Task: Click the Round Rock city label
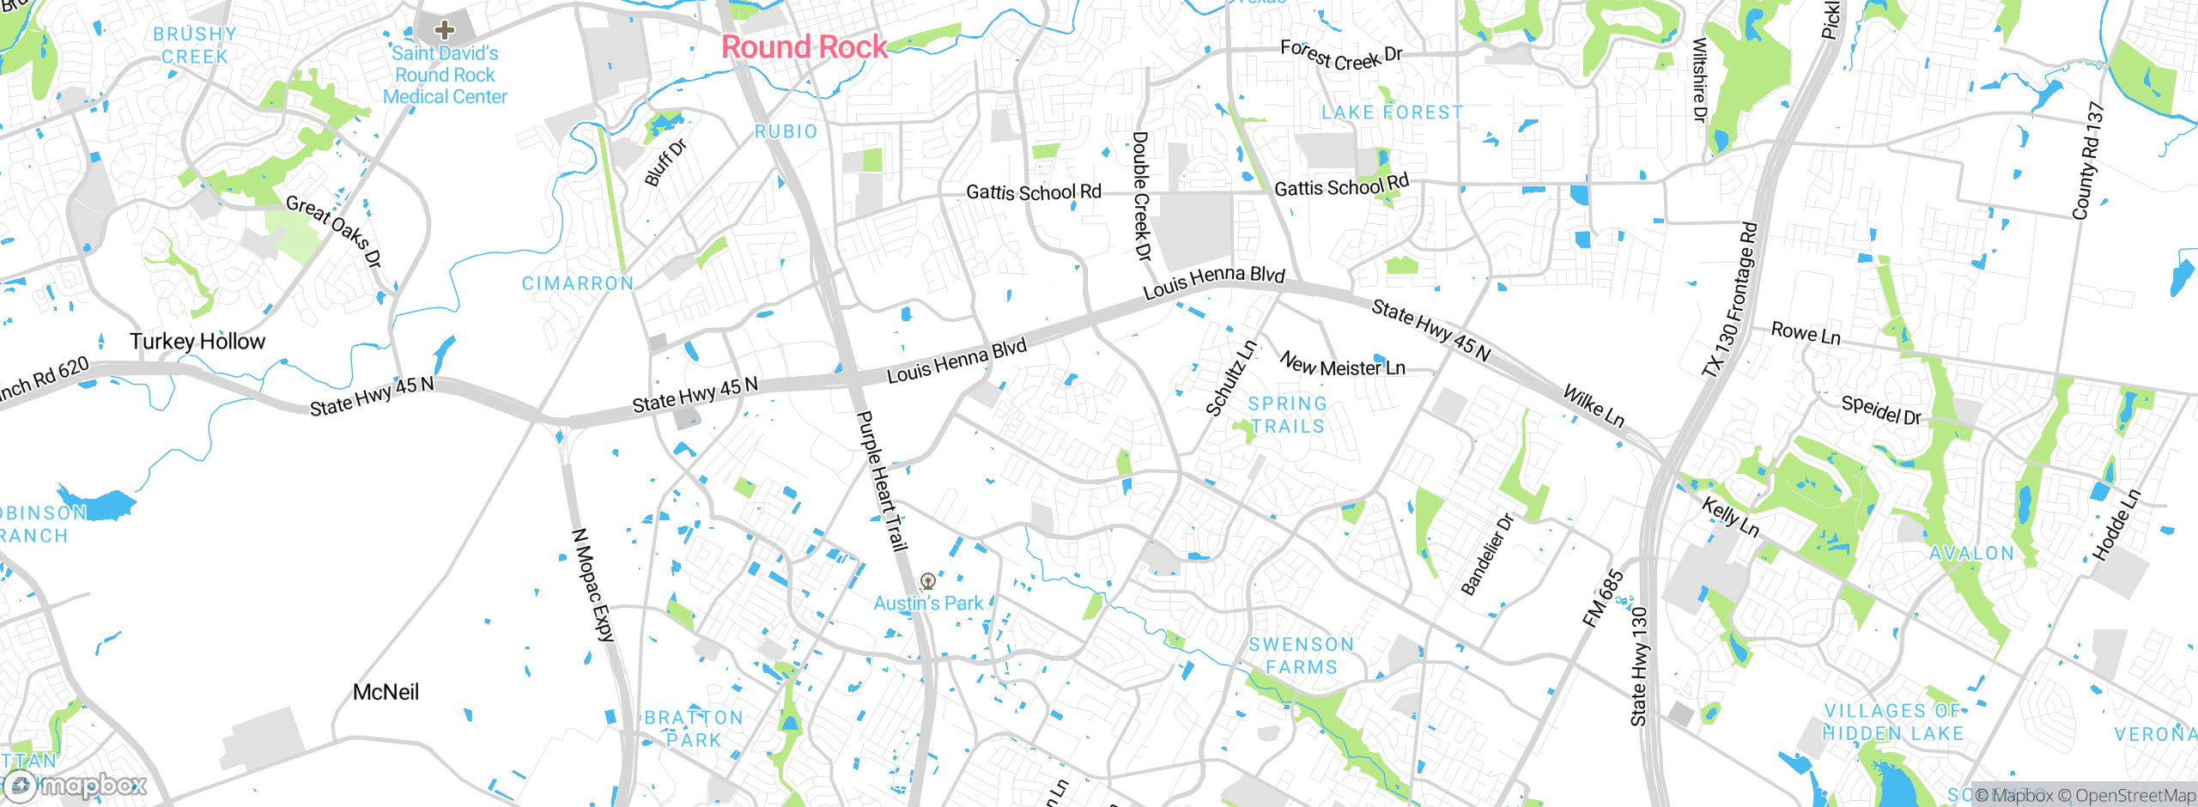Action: [804, 47]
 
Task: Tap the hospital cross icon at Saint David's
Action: [444, 31]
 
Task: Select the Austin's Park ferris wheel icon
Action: [927, 581]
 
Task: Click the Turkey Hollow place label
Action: [197, 342]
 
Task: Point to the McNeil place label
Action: [386, 692]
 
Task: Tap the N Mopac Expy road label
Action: [593, 586]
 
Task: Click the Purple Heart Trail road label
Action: [882, 481]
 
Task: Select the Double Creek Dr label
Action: [1141, 196]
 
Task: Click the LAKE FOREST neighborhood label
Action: [1392, 112]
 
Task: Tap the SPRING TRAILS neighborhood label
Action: [1287, 415]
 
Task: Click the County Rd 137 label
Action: [2087, 161]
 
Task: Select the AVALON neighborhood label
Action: [1971, 554]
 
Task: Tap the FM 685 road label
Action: [1603, 598]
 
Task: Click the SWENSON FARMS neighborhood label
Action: [1301, 656]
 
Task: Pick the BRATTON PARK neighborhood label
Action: [694, 729]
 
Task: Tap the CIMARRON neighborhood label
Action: [578, 283]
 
